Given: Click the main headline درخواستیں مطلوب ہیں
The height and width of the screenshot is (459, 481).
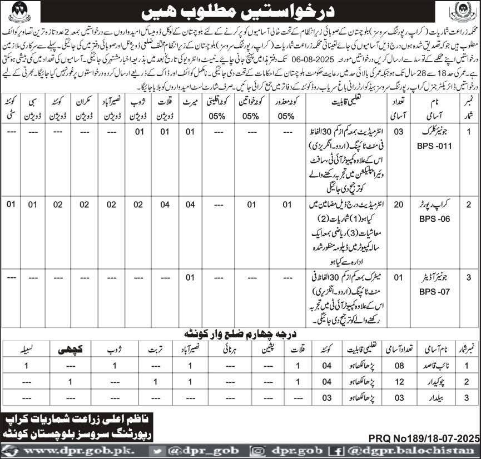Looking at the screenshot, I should pyautogui.click(x=240, y=10).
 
